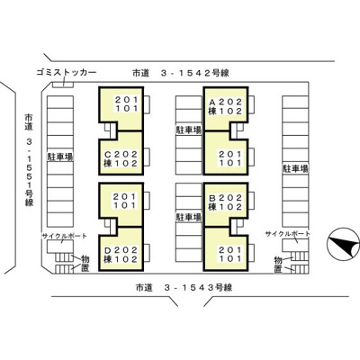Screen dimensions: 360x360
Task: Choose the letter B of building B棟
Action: pos(211,198)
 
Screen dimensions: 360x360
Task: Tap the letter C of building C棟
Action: pos(108,154)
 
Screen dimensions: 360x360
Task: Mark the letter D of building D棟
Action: pos(108,249)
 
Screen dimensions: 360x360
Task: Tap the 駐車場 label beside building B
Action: pos(189,216)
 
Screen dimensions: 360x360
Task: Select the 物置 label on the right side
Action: pos(278,263)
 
